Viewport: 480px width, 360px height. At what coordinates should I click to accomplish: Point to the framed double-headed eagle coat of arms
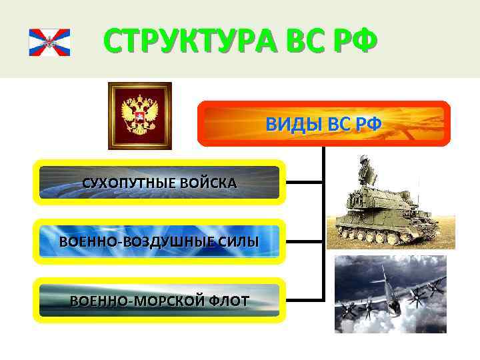point(140,115)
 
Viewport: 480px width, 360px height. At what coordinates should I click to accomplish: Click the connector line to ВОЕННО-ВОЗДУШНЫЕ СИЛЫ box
point(304,241)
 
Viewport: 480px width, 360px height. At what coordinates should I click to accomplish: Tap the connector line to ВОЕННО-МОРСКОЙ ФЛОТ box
point(304,299)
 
